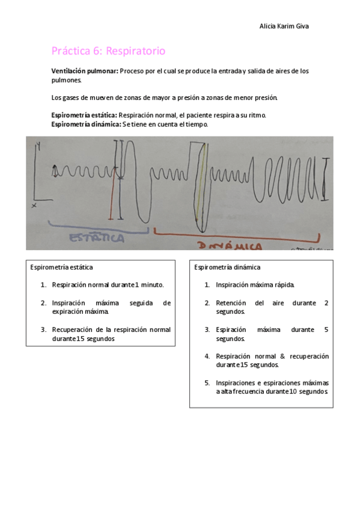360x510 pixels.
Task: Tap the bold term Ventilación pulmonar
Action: [x=84, y=71]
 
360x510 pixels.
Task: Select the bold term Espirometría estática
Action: [x=84, y=114]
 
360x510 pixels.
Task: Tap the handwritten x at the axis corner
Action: [x=34, y=206]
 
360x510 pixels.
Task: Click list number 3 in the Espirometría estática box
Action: [x=44, y=330]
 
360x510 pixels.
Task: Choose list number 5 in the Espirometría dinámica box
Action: [x=207, y=382]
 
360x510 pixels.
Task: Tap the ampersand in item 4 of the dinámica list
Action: [x=282, y=356]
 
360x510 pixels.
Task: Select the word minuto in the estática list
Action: [x=152, y=284]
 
